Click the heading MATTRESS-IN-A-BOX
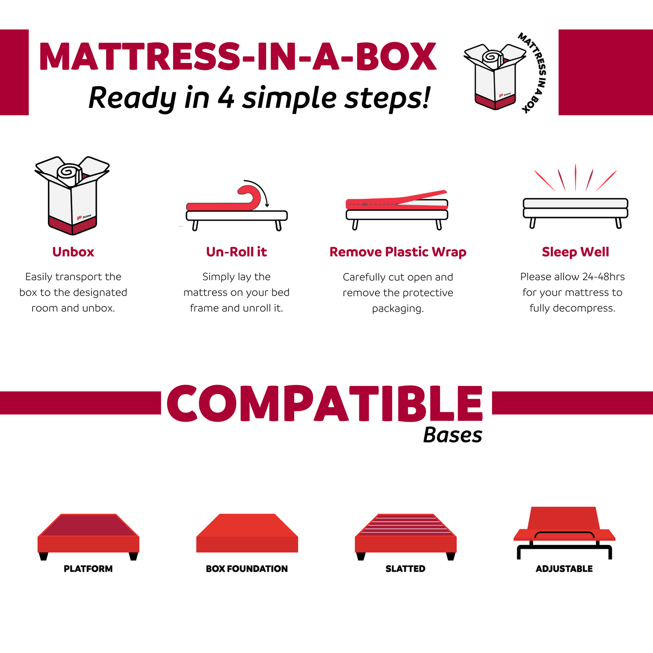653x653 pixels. click(x=238, y=57)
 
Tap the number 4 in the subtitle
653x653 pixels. click(x=225, y=98)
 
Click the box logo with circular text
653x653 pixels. click(x=504, y=73)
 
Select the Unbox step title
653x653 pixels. click(x=73, y=252)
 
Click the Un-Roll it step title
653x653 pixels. click(x=236, y=252)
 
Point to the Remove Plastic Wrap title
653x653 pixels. click(x=398, y=252)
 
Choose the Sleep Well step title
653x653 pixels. click(x=575, y=252)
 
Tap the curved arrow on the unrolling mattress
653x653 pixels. click(x=260, y=190)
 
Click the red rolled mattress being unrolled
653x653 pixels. click(x=226, y=203)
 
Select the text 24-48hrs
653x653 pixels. click(x=603, y=277)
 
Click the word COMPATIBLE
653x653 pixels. click(x=324, y=404)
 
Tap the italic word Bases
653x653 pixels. click(x=452, y=435)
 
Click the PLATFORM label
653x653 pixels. click(x=88, y=569)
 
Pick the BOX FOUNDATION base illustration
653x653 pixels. click(x=247, y=533)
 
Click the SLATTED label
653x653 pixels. click(x=405, y=569)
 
